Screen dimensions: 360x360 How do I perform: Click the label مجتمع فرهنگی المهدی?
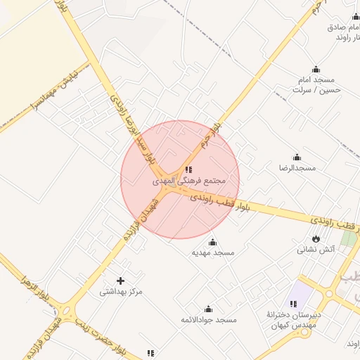pyautogui.click(x=189, y=181)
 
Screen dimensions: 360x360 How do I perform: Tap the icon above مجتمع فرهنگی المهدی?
pyautogui.click(x=188, y=169)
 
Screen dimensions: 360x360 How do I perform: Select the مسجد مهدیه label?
pyautogui.click(x=214, y=252)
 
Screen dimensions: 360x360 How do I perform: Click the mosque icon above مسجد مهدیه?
pyautogui.click(x=214, y=242)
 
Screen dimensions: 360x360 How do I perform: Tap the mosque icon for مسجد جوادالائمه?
pyautogui.click(x=208, y=309)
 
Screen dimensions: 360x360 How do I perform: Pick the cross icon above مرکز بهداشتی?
pyautogui.click(x=121, y=281)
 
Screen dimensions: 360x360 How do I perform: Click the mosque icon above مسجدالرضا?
pyautogui.click(x=297, y=157)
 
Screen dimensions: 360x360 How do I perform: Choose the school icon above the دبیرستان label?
pyautogui.click(x=293, y=304)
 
